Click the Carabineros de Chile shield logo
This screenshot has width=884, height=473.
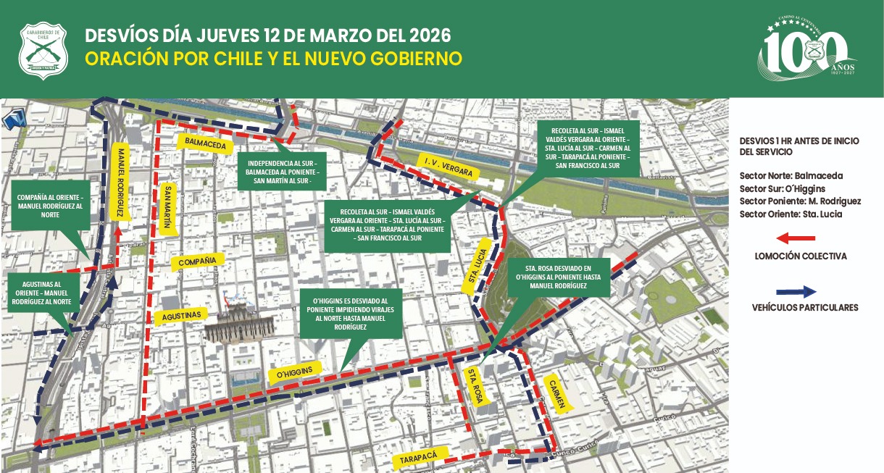(43, 50)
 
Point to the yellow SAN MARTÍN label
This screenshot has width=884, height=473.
(167, 206)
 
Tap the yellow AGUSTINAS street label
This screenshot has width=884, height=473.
(181, 315)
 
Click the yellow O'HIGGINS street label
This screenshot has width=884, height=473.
(294, 373)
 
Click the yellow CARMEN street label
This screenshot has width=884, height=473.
(556, 394)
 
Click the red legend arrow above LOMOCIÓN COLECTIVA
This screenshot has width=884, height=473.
(796, 238)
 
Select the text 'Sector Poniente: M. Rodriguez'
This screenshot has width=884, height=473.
(800, 201)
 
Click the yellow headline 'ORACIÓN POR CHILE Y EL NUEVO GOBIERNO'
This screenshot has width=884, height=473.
(274, 59)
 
